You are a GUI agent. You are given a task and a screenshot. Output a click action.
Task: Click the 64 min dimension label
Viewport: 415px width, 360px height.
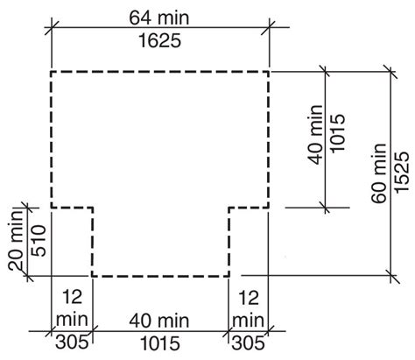point(159,18)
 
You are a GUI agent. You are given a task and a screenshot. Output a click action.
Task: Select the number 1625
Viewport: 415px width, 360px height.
point(159,40)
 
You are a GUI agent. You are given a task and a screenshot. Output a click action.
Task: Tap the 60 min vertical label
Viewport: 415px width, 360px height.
point(379,173)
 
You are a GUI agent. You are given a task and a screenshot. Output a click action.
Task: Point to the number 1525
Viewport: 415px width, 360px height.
point(402,173)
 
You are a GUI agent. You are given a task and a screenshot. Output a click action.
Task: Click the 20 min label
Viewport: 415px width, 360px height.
point(16,240)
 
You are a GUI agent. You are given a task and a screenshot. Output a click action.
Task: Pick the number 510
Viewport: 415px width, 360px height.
point(39,240)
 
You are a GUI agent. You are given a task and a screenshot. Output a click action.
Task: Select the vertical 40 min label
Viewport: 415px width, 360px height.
point(316,135)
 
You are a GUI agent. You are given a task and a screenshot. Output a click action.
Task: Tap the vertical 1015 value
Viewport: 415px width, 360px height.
point(338,133)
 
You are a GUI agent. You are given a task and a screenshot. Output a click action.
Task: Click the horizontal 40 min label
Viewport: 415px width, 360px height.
point(159,321)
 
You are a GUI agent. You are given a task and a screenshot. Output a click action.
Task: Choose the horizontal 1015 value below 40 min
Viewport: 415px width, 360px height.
point(160,343)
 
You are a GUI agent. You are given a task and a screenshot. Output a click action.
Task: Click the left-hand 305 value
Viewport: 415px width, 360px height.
point(72,342)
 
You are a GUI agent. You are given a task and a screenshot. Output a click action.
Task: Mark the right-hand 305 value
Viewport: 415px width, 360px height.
point(248,342)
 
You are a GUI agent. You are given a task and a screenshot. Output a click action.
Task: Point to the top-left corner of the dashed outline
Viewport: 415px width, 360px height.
point(52,72)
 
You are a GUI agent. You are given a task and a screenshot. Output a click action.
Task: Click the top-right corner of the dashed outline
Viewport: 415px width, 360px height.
point(269,72)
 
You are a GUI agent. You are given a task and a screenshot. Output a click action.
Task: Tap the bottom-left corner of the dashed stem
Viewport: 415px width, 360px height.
point(93,276)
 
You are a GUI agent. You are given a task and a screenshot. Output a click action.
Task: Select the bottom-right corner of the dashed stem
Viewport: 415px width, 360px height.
point(229,276)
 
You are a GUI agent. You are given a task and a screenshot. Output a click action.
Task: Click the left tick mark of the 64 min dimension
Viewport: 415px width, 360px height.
point(52,28)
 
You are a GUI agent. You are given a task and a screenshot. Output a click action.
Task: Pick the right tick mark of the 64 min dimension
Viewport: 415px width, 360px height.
point(269,28)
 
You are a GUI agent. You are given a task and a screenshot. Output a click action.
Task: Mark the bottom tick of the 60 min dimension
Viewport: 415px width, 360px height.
point(390,275)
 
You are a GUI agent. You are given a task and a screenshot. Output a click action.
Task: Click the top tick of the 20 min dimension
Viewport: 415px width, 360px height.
point(28,208)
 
